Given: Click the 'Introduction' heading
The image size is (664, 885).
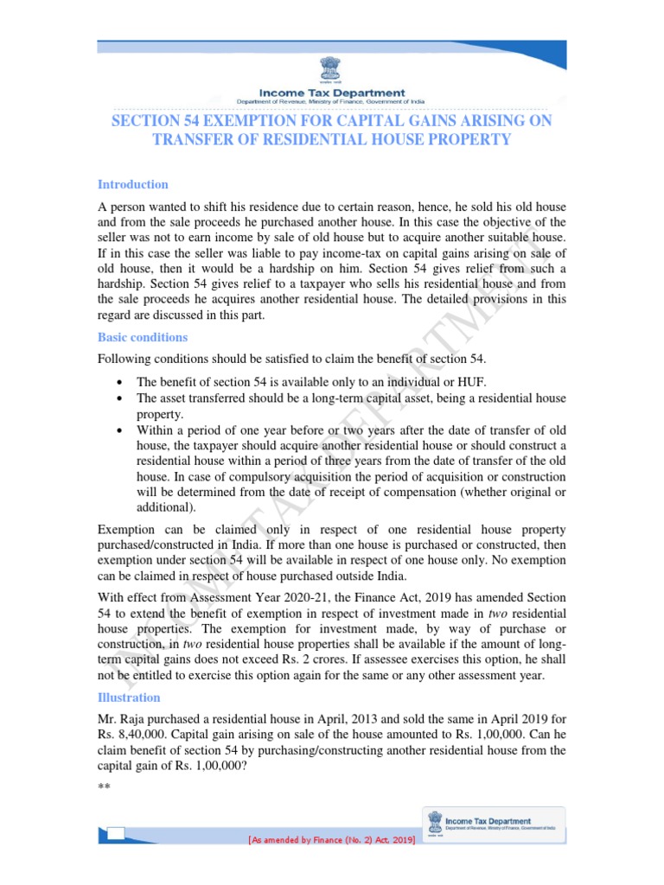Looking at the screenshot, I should [132, 184].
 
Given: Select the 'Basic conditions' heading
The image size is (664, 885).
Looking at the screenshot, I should [143, 337].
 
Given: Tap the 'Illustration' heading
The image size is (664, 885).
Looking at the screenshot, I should [129, 697].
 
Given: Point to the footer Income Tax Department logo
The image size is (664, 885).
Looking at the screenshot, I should [493, 825].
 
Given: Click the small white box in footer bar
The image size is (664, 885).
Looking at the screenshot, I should [116, 833].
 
